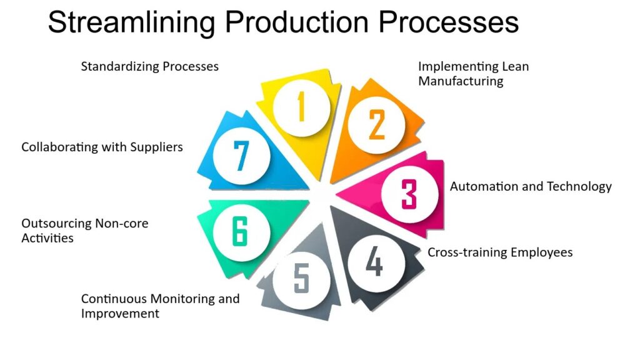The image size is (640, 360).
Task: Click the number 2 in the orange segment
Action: tap(376, 125)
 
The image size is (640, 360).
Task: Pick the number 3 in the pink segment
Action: tap(409, 194)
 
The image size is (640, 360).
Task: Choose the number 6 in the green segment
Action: tap(241, 232)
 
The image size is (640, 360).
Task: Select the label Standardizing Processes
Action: tap(150, 66)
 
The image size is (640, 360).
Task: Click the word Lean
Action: tap(515, 66)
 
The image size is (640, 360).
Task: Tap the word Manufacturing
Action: tap(461, 81)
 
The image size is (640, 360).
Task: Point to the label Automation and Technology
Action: tap(531, 186)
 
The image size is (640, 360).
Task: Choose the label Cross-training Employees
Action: tap(500, 252)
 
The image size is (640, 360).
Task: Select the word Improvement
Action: tap(120, 313)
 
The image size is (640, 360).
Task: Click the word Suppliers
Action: tap(156, 147)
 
